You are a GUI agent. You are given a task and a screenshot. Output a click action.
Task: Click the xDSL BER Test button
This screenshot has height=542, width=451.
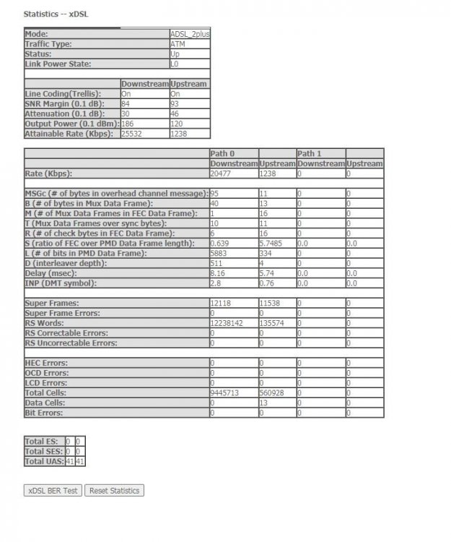[53, 491]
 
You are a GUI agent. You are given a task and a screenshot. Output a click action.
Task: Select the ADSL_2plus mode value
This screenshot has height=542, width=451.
[190, 34]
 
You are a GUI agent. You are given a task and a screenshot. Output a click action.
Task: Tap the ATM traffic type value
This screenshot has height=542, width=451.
[178, 44]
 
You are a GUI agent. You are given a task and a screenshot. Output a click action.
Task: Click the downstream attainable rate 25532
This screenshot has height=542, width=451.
[135, 134]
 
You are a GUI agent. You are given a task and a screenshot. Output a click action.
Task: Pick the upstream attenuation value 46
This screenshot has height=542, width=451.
[175, 113]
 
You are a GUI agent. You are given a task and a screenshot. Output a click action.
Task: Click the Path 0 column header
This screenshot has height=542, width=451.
[222, 153]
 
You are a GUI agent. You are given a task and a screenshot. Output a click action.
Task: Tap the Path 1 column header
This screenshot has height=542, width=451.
[309, 153]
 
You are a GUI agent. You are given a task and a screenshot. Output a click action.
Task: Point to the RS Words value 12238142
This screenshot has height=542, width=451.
[226, 323]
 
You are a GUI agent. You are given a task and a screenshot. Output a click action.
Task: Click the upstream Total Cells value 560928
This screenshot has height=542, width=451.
[272, 392]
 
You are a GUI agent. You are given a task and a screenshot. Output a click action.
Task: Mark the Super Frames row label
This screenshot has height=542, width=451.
[52, 303]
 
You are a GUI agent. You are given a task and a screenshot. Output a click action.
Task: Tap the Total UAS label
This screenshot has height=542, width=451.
[43, 460]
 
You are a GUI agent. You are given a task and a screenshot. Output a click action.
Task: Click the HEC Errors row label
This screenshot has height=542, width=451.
[47, 363]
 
